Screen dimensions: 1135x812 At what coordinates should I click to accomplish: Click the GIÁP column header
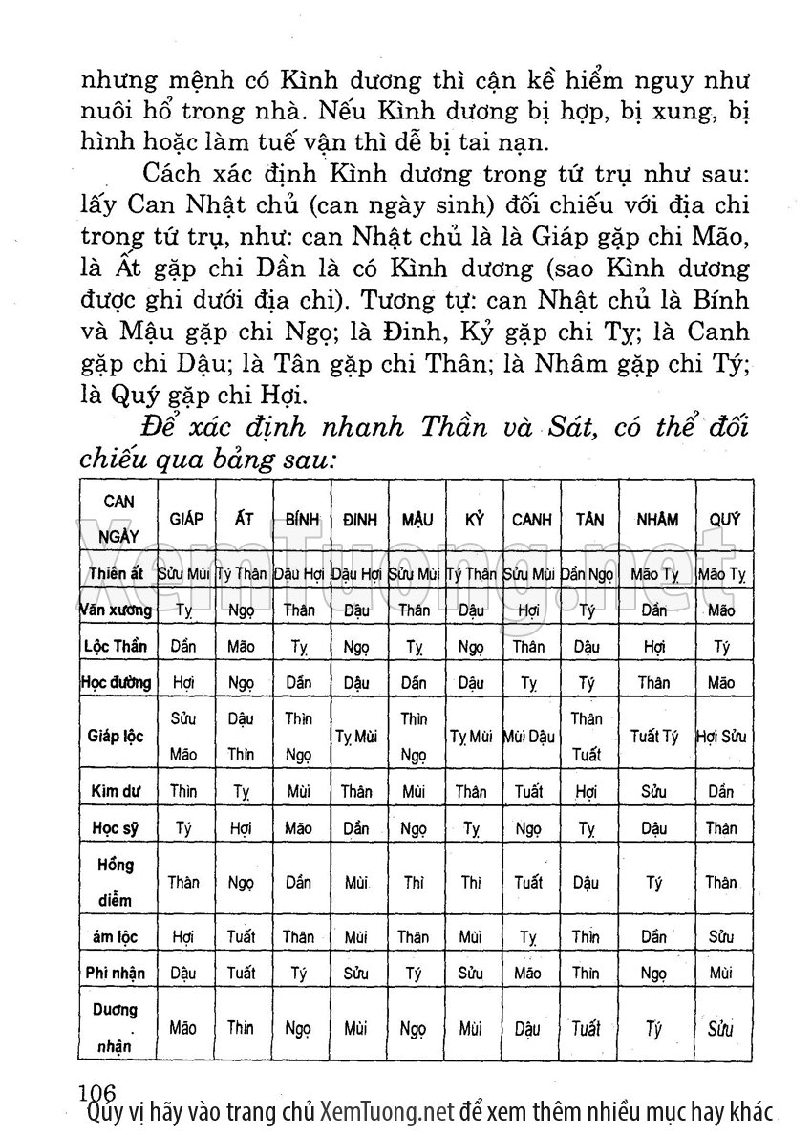186,519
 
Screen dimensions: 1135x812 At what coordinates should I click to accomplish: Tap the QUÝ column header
724,519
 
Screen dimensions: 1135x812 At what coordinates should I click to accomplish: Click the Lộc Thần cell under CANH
531,646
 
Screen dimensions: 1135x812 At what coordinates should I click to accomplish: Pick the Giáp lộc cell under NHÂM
655,737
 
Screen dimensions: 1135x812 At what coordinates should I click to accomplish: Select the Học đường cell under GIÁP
182,682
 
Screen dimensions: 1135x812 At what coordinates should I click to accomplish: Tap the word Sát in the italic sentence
569,427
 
